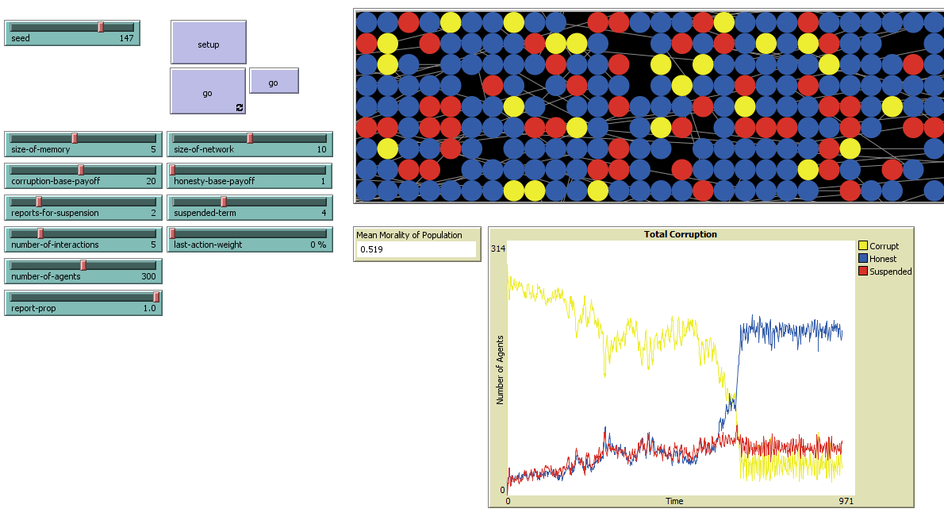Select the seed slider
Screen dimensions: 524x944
[71, 33]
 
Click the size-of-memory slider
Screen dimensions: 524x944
[83, 144]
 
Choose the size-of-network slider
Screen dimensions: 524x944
[250, 144]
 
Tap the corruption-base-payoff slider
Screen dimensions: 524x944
[83, 175]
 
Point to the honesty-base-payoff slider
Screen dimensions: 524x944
[250, 175]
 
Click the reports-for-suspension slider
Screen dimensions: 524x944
[83, 207]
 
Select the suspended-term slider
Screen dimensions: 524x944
[250, 207]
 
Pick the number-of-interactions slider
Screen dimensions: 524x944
[83, 239]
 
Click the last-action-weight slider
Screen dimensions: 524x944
[250, 239]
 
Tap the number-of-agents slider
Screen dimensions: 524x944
[83, 271]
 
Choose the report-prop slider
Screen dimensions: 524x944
[83, 302]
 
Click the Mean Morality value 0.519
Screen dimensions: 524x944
[416, 249]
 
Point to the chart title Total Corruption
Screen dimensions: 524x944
[680, 234]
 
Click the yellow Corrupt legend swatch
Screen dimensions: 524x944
[863, 246]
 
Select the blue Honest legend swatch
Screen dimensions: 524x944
[863, 259]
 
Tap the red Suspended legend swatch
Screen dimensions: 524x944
[863, 272]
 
